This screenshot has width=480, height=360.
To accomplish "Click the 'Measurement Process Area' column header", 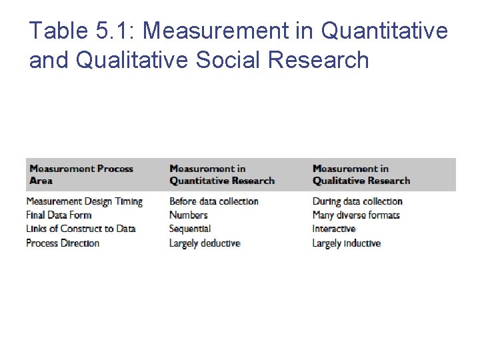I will (81, 175).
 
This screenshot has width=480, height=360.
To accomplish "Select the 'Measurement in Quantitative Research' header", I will (221, 175).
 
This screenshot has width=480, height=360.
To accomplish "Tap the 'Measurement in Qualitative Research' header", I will (361, 175).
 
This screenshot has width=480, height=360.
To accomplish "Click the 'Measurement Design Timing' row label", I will (85, 201).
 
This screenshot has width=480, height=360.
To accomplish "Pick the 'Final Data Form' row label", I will (59, 215).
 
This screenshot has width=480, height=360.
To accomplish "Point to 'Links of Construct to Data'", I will (81, 229).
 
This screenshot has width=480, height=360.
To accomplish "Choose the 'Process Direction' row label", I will (63, 243).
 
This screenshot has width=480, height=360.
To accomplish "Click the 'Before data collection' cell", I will (213, 201).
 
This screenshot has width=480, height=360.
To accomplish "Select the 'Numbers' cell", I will (188, 215).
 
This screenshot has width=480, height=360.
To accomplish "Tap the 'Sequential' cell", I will (189, 229).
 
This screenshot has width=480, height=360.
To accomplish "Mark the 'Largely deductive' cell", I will (204, 243).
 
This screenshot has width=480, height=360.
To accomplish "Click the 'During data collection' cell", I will (357, 201).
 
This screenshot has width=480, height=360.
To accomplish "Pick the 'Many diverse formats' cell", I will (356, 215).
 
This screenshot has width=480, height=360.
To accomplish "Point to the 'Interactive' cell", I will (334, 229).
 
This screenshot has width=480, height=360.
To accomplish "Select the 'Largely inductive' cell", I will (346, 243).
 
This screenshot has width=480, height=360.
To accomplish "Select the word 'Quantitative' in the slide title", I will (385, 31).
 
